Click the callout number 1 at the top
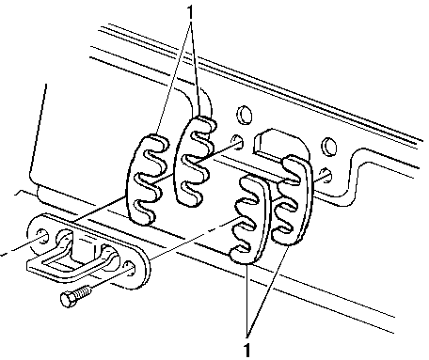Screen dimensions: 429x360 (x=190, y=13)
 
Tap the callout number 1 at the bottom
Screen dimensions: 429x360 (x=247, y=350)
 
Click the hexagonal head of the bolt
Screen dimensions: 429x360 (x=68, y=300)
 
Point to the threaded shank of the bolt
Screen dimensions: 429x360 (x=84, y=292)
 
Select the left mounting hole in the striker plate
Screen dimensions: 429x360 (x=42, y=235)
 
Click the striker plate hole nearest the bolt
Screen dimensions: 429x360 (x=130, y=269)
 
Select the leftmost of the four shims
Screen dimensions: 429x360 (x=145, y=180)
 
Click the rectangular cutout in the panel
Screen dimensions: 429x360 (x=276, y=144)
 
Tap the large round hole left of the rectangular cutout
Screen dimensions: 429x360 (x=244, y=115)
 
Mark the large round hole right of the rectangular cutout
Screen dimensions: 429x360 (x=329, y=147)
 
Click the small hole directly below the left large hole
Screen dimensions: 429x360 (x=237, y=141)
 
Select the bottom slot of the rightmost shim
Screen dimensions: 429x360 (x=284, y=229)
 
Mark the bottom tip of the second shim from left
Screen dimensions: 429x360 (x=189, y=203)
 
